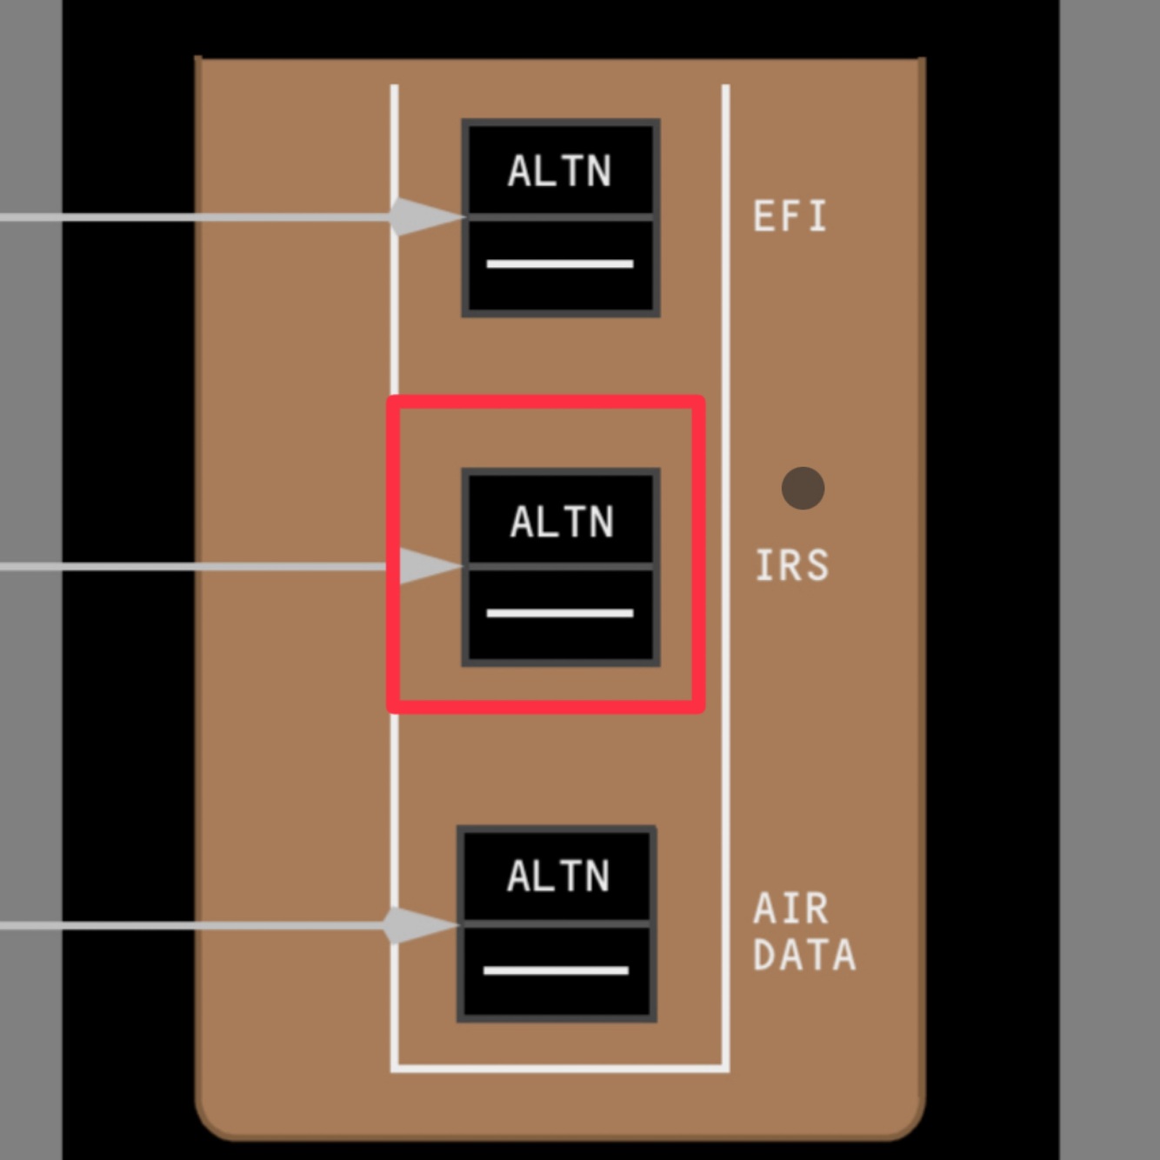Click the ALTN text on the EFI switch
click(560, 171)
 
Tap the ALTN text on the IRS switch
click(562, 522)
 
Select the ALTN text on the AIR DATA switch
click(558, 876)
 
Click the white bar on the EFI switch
click(560, 263)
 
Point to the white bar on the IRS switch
click(560, 613)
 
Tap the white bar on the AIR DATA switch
click(557, 970)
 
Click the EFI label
click(790, 217)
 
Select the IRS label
click(791, 565)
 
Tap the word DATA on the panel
click(804, 955)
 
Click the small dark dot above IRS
click(803, 488)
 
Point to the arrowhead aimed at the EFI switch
click(423, 217)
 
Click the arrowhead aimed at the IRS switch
click(428, 566)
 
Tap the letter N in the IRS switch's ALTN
click(600, 522)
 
